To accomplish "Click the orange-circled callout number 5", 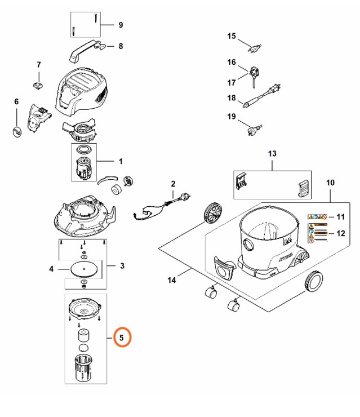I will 122,338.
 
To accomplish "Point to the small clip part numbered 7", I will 39,85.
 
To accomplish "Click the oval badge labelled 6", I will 17,131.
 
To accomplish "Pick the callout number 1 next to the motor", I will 121,162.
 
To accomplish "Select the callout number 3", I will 122,265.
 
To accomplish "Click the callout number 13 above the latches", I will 272,153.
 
